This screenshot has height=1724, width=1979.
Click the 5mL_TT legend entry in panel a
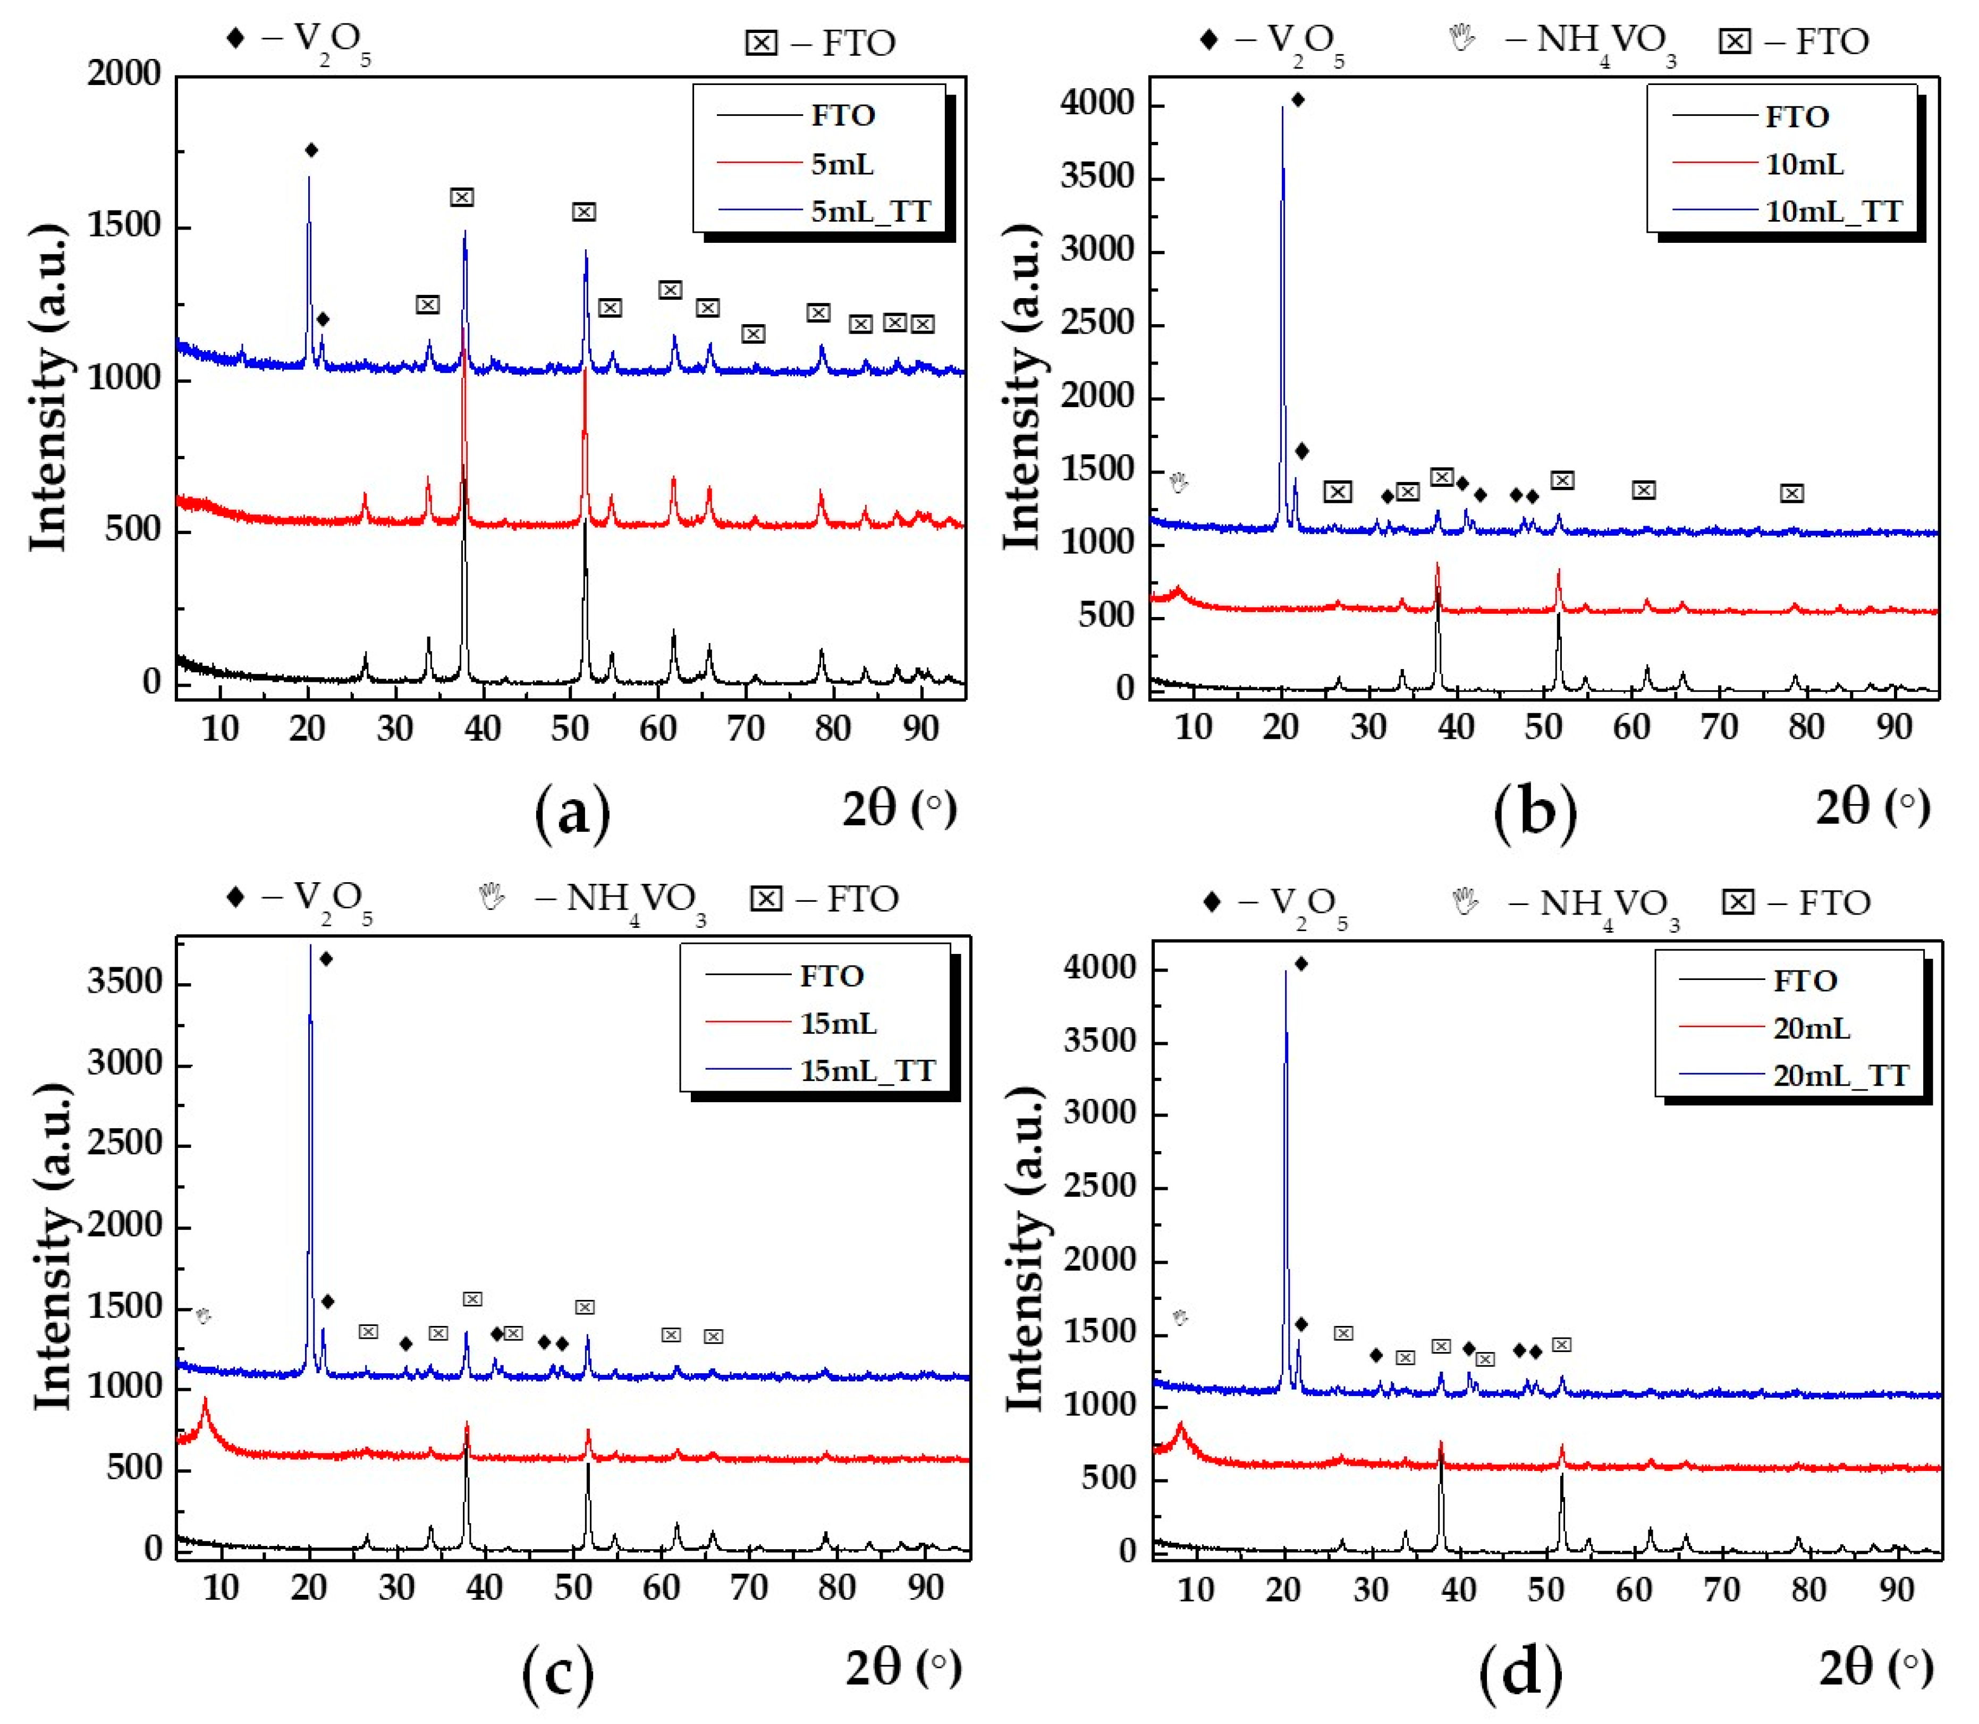870,210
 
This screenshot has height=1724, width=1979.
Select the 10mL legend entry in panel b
1804,165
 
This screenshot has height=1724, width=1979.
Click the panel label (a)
572,811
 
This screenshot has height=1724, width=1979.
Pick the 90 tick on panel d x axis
1896,1590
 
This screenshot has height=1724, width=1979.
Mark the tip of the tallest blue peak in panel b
1282,108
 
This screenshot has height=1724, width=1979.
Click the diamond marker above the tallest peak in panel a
311,150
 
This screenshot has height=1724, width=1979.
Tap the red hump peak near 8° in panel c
204,1402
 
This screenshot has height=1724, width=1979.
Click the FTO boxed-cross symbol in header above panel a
761,43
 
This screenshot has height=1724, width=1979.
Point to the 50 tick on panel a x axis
570,728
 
